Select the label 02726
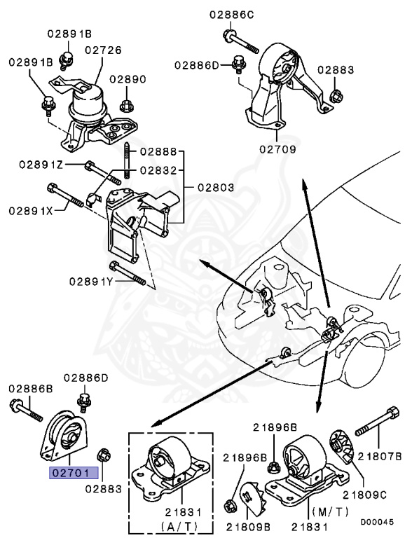[103, 50]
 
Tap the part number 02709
[277, 149]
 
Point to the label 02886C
[231, 14]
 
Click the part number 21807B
[380, 456]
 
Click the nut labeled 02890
[127, 106]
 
